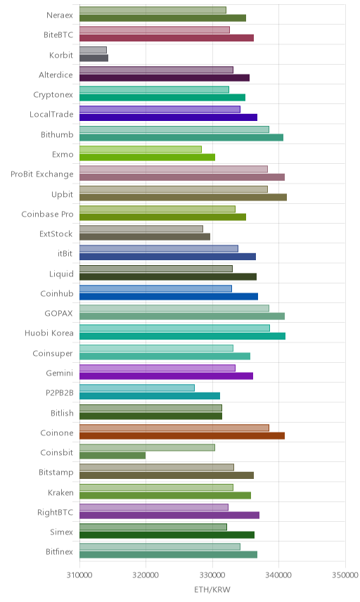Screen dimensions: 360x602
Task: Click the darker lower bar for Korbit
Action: pos(94,58)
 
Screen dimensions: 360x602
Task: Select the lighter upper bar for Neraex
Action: pos(153,10)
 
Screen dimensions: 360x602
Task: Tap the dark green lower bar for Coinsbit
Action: pos(112,455)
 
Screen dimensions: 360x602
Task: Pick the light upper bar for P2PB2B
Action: pos(137,388)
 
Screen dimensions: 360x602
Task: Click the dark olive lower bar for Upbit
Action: pos(183,198)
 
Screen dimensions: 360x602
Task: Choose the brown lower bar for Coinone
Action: pos(182,435)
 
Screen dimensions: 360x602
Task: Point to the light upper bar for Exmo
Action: pos(141,149)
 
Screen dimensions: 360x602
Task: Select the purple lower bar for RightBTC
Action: pos(169,515)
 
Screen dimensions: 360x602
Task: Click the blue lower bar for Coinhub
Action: pos(169,296)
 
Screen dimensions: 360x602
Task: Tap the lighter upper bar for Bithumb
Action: pos(174,129)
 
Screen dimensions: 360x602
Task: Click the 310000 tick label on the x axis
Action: pos(79,575)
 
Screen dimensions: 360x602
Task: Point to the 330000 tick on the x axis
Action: pos(212,575)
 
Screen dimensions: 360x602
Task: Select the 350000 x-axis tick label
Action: pos(345,575)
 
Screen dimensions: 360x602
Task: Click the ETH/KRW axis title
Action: pos(212,590)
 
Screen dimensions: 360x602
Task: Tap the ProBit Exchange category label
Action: pos(41,174)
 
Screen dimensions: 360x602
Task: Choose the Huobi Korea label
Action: pos(49,333)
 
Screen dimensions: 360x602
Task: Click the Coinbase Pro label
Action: pos(47,214)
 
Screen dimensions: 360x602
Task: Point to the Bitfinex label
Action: pos(59,551)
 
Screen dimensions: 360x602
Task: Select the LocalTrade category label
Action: pos(51,115)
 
